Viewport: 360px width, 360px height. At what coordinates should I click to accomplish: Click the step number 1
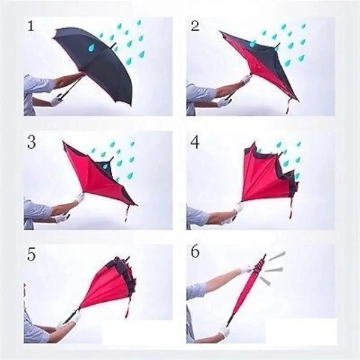point(31,26)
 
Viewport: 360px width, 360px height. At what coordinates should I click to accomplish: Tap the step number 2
point(195,26)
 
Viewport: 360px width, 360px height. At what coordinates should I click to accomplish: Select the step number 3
point(31,142)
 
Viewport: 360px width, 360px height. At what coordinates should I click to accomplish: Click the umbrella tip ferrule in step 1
point(113,45)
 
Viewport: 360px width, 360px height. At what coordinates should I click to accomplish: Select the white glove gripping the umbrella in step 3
point(80,197)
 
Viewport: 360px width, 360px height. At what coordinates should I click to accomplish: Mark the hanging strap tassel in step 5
point(127,308)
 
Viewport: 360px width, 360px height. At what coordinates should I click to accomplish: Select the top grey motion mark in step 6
point(277,256)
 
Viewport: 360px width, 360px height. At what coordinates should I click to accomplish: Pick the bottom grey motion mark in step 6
point(265,281)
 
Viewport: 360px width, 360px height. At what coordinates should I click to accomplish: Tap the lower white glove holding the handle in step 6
point(224,331)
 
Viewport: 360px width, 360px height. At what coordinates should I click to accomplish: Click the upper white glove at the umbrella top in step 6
point(247,269)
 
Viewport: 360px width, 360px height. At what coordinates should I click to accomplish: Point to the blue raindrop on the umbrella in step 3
point(106,166)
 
